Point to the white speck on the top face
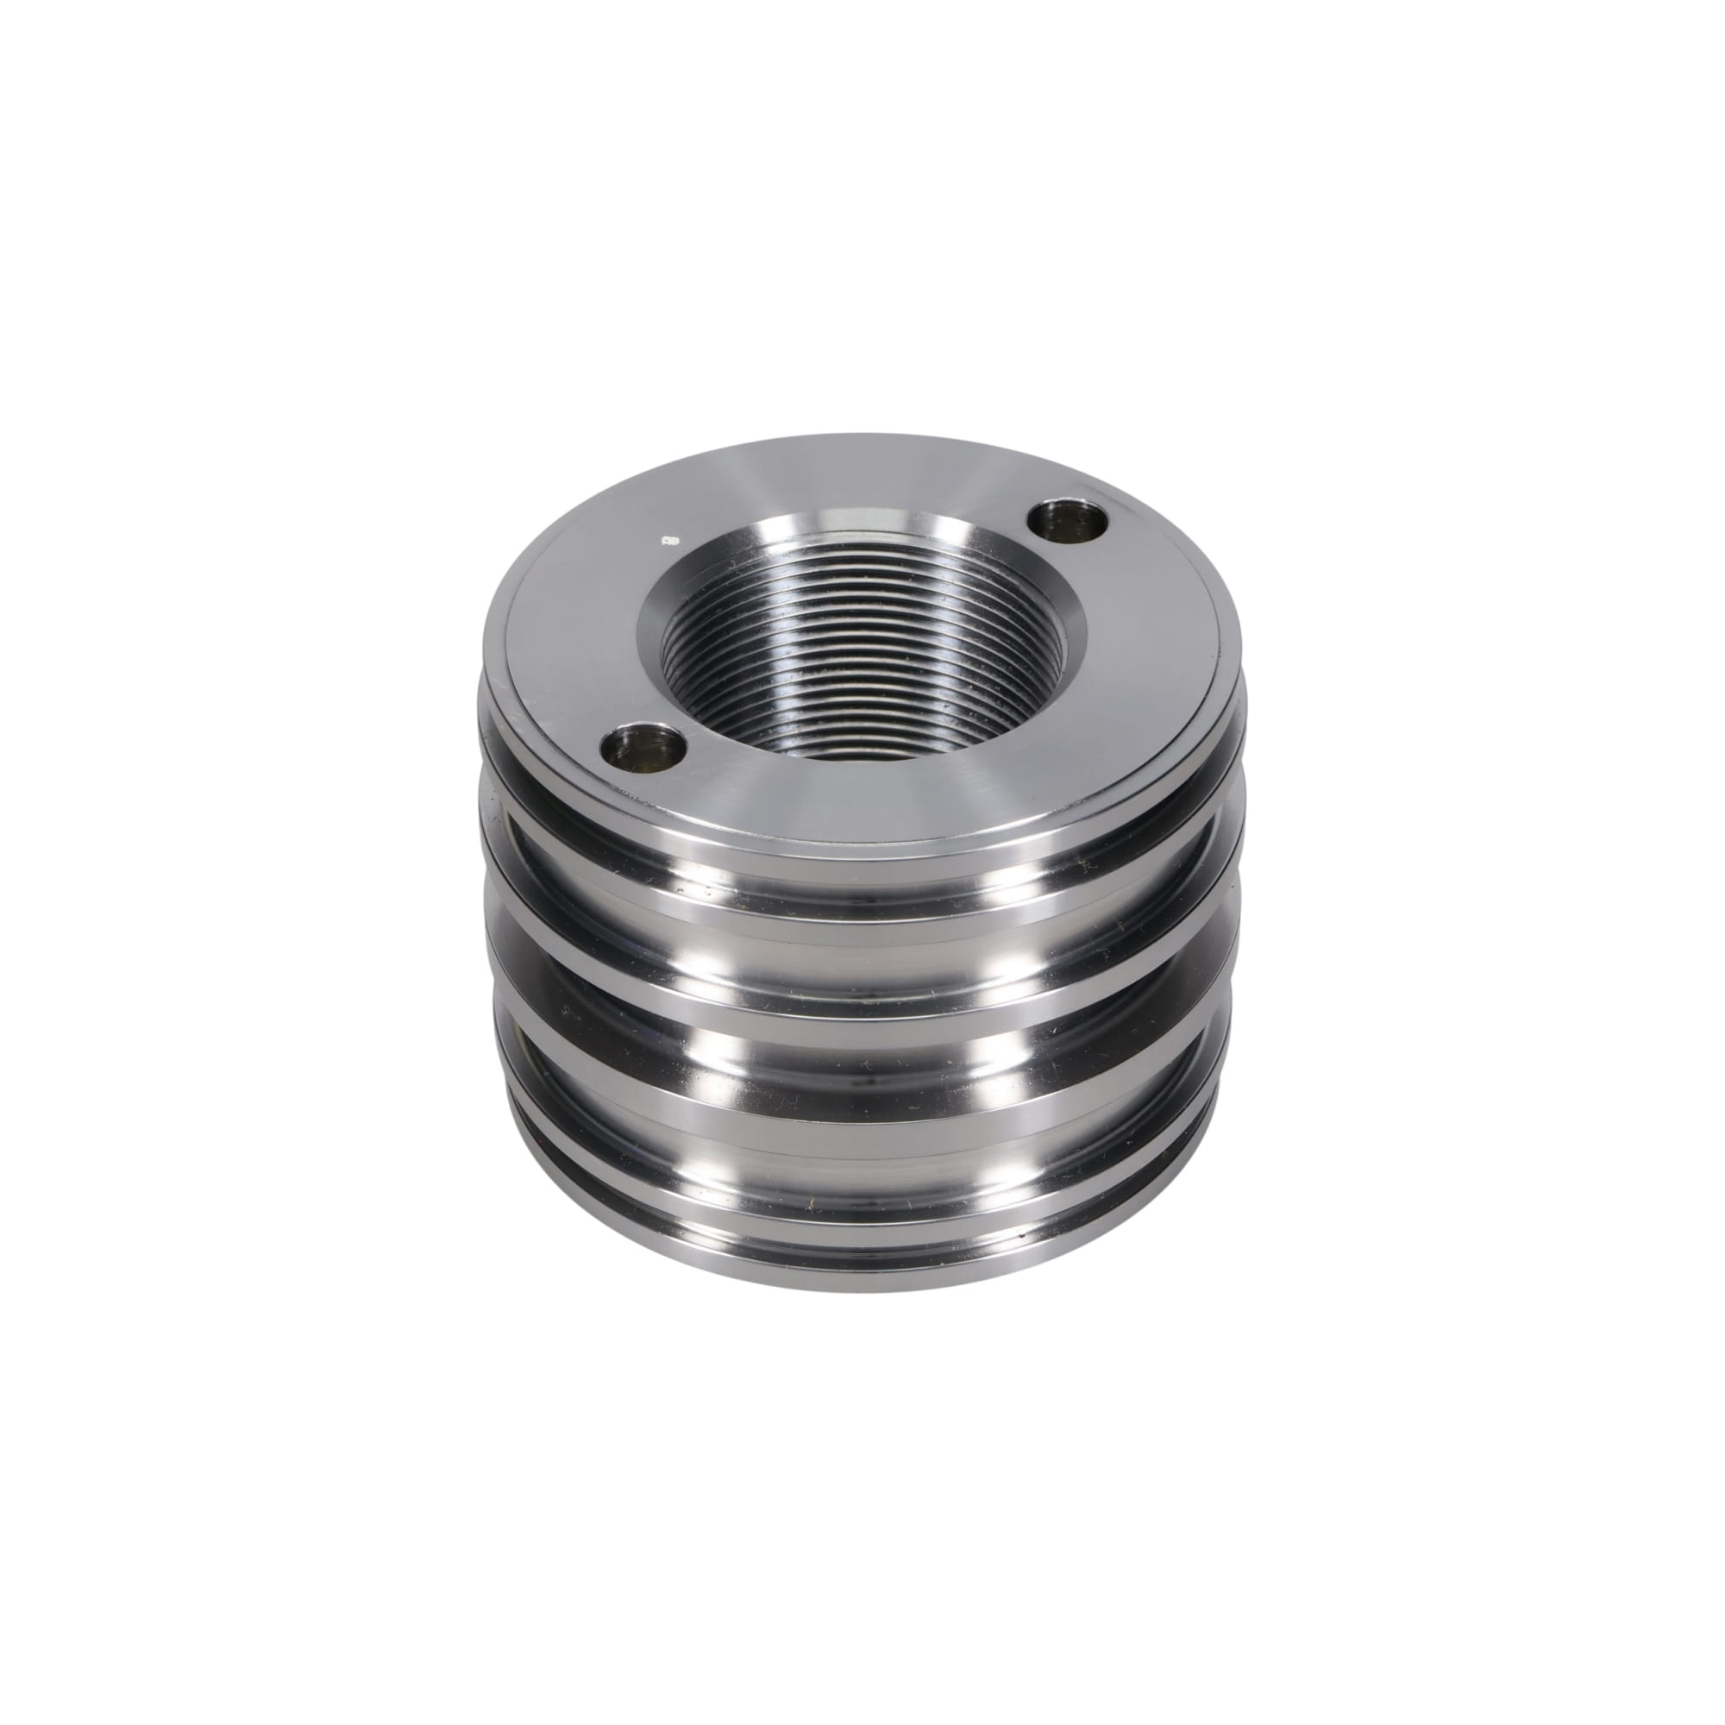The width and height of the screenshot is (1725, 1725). point(667,540)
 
